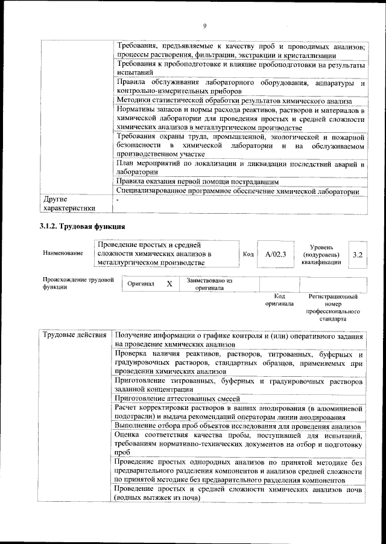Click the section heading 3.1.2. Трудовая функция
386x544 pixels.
[78, 227]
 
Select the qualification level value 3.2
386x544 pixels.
[358, 254]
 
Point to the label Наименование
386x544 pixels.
[63, 254]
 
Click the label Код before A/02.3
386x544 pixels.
[247, 254]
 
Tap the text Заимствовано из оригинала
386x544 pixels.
[209, 284]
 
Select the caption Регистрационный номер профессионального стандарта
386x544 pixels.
[333, 307]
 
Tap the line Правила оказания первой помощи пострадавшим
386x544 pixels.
[196, 181]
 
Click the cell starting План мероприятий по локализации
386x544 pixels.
[240, 167]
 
